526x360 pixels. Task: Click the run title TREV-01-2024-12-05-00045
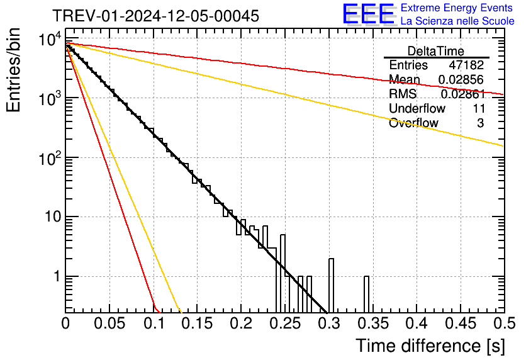coord(155,16)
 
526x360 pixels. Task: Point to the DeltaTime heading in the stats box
coord(435,51)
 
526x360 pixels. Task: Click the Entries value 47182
coord(466,65)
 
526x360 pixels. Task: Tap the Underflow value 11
coord(478,109)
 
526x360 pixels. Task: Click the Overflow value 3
coord(481,123)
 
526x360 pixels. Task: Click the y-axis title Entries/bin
coord(14,70)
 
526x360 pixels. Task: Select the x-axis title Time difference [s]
coord(429,346)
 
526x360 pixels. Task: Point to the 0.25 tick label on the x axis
coord(284,323)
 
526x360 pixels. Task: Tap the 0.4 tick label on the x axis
coord(416,323)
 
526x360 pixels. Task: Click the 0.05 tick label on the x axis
coord(109,323)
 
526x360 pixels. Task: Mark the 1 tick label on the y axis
coord(55,276)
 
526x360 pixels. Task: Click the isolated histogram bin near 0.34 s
coord(366,294)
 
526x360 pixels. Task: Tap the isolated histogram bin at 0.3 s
coord(331,285)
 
